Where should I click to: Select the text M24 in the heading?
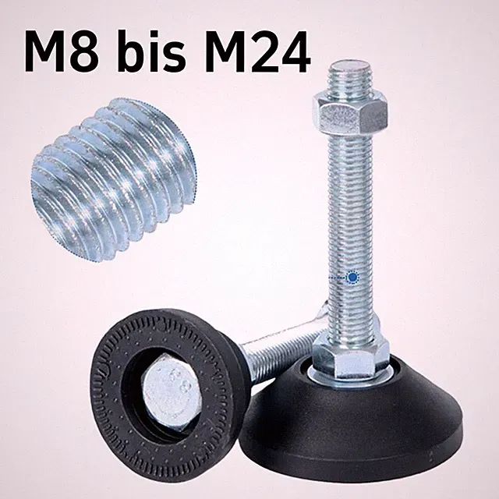257,51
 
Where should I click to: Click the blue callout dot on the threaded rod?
352,278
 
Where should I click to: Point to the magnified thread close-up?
113,179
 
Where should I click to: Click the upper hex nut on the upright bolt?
350,113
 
